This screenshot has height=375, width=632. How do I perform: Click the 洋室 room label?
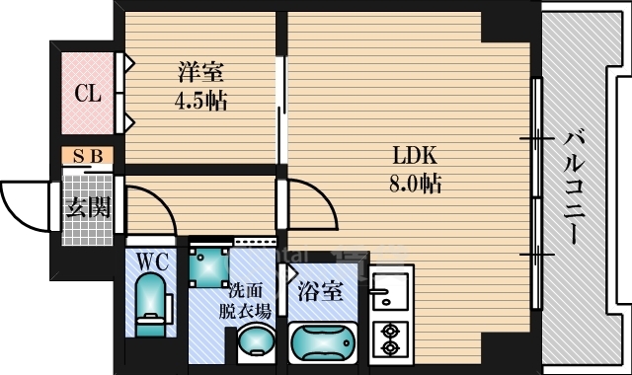[199, 72]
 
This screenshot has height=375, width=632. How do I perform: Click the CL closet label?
[88, 95]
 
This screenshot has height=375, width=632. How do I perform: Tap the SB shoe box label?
[88, 156]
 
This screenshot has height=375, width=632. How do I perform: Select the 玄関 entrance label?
[88, 207]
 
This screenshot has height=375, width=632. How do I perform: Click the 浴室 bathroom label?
[321, 292]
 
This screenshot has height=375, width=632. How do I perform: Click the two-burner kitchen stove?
[389, 340]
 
